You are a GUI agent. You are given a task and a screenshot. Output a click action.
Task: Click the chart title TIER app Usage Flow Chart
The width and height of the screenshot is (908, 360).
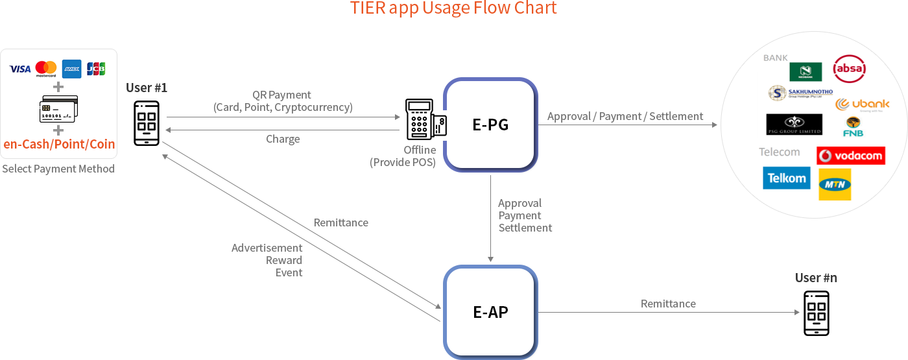pyautogui.click(x=453, y=8)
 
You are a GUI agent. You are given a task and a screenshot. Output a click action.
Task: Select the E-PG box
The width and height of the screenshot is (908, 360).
pyautogui.click(x=490, y=125)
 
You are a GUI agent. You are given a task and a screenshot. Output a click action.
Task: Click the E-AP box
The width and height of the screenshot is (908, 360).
pyautogui.click(x=490, y=312)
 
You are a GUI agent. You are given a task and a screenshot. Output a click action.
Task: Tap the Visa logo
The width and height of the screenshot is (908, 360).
pyautogui.click(x=20, y=69)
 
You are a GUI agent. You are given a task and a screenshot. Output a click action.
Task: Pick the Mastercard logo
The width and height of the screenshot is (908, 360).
pyautogui.click(x=46, y=69)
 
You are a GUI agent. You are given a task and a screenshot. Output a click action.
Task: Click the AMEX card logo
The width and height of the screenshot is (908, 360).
pyautogui.click(x=71, y=69)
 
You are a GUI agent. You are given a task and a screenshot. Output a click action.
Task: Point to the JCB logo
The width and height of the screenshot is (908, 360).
pyautogui.click(x=96, y=69)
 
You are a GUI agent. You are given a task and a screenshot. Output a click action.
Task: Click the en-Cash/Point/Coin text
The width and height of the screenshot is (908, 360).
pyautogui.click(x=59, y=144)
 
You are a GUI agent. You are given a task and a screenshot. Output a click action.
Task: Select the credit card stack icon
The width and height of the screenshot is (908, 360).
pyautogui.click(x=58, y=109)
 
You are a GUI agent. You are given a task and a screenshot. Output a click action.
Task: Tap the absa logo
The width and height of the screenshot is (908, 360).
pyautogui.click(x=849, y=68)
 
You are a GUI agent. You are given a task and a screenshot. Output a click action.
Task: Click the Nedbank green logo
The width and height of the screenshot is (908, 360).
pyautogui.click(x=806, y=71)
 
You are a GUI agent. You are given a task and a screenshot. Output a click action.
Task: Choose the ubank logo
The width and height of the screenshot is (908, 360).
pyautogui.click(x=862, y=104)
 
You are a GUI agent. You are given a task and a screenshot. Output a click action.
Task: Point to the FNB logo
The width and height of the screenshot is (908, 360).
pyautogui.click(x=853, y=127)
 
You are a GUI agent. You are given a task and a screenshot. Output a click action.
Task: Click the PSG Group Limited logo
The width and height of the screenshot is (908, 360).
pyautogui.click(x=794, y=124)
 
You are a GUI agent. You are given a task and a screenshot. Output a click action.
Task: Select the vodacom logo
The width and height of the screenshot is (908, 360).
pyautogui.click(x=850, y=156)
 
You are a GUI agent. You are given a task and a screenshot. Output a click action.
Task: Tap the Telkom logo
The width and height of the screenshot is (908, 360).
pyautogui.click(x=786, y=178)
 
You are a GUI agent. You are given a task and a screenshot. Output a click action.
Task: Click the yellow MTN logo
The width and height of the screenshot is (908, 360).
pyautogui.click(x=834, y=185)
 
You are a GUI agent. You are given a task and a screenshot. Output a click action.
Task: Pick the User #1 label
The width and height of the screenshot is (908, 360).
pyautogui.click(x=146, y=88)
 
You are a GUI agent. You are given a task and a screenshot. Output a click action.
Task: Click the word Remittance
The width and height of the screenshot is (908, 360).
pyautogui.click(x=340, y=222)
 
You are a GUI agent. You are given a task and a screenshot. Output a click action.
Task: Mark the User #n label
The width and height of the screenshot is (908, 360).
pyautogui.click(x=815, y=278)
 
